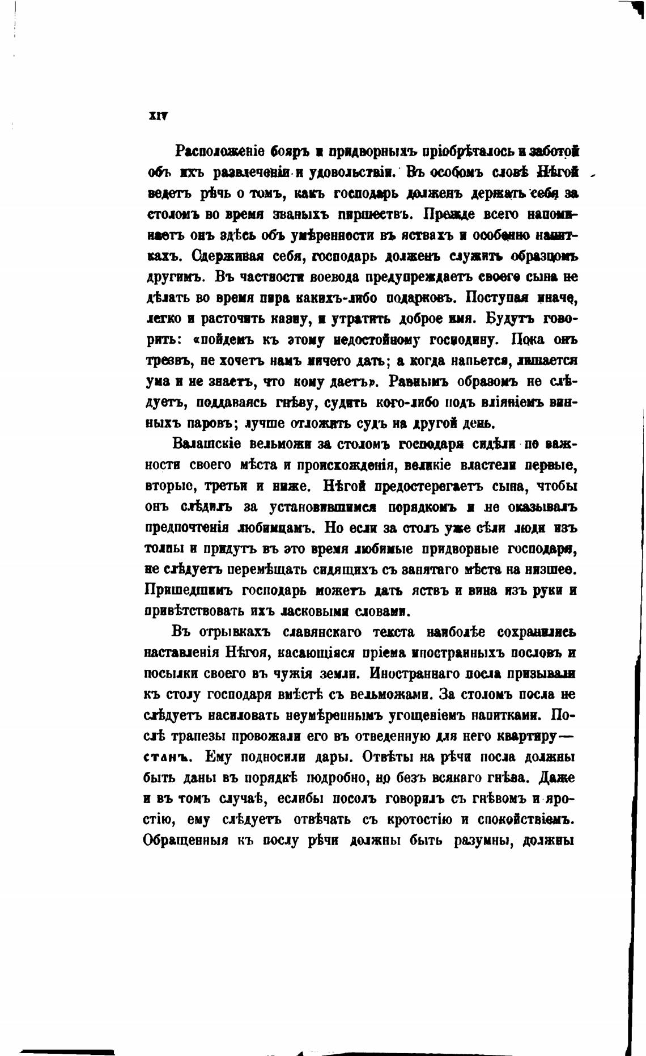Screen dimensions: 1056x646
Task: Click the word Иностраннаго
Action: click(403, 674)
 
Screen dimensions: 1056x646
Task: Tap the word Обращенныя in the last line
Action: click(186, 841)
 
